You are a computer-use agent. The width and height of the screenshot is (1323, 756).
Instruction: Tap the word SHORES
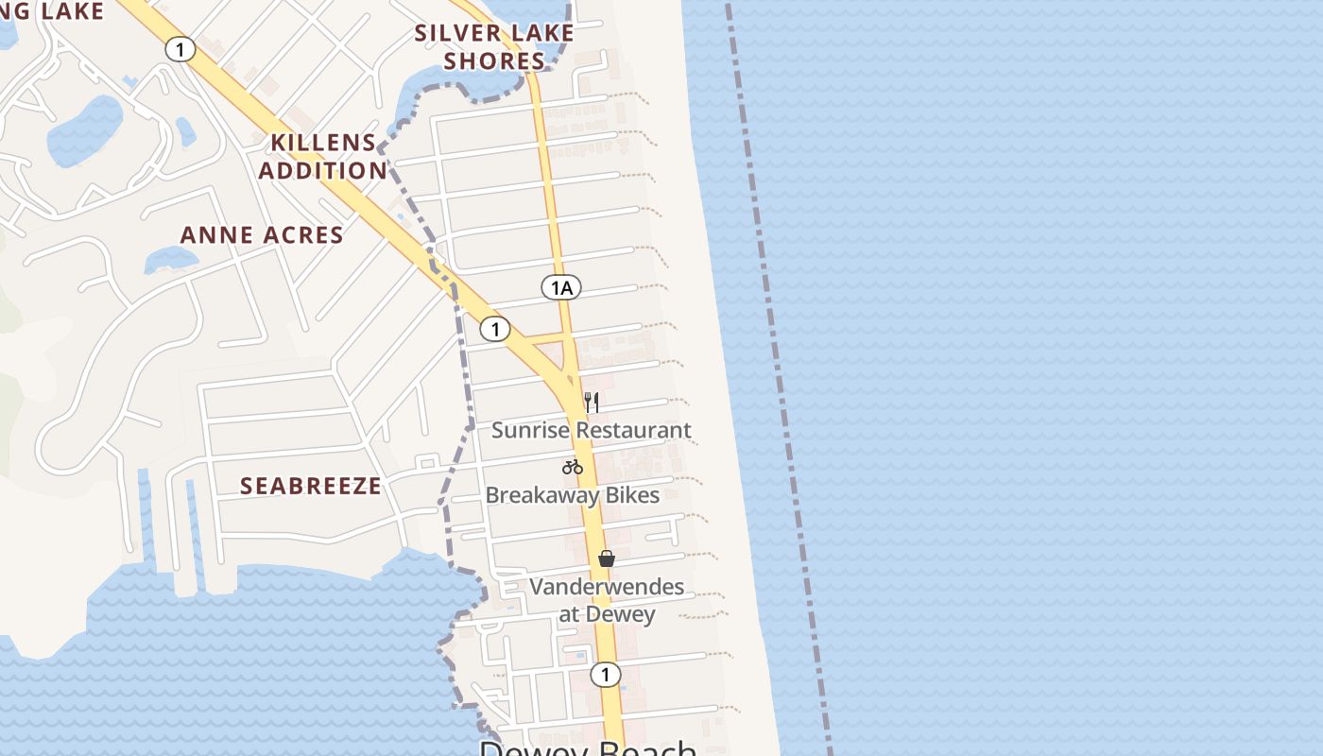[x=494, y=62]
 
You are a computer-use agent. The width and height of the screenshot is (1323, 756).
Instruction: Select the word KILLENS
[x=323, y=143]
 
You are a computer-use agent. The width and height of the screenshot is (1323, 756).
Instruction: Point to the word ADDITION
[x=323, y=171]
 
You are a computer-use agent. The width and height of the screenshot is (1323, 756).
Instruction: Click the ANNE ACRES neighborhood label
[x=262, y=235]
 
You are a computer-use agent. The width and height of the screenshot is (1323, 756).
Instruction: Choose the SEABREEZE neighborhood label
[x=311, y=487]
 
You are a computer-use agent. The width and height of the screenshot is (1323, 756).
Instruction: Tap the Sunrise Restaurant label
[x=592, y=431]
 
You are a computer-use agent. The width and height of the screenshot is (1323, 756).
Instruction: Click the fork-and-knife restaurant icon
[x=592, y=403]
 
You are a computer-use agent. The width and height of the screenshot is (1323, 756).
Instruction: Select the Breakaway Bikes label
[x=573, y=495]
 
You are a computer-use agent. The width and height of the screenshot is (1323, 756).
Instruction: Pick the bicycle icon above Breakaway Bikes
[x=572, y=467]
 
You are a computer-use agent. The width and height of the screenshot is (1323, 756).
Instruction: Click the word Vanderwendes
[x=607, y=587]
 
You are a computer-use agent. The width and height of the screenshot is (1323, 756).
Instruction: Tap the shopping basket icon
[x=607, y=558]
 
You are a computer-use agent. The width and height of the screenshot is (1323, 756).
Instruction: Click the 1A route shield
[x=561, y=287]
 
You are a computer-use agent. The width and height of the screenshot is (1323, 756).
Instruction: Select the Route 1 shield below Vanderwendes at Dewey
[x=606, y=675]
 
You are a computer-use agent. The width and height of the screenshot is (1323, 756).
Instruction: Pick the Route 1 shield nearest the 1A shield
[x=495, y=329]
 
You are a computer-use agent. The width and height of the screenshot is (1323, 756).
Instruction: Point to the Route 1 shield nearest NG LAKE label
[x=180, y=49]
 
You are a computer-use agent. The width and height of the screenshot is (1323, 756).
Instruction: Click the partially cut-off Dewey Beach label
[x=588, y=747]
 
